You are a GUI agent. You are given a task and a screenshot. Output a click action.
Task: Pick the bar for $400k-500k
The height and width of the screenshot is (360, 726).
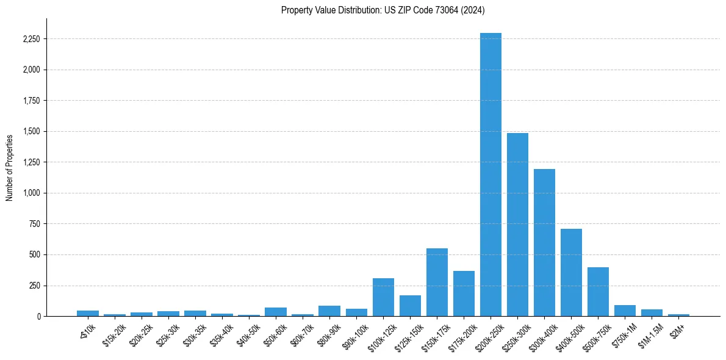(x=571, y=272)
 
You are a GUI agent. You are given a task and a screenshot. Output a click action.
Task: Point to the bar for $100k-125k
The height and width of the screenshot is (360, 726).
(x=383, y=297)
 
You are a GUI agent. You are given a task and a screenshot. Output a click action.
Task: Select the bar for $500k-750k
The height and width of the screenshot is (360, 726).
(x=598, y=292)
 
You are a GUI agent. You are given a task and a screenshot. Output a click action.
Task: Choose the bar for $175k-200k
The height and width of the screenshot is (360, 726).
(x=464, y=293)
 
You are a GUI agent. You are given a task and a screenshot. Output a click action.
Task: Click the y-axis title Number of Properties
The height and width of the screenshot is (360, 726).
(x=10, y=167)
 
